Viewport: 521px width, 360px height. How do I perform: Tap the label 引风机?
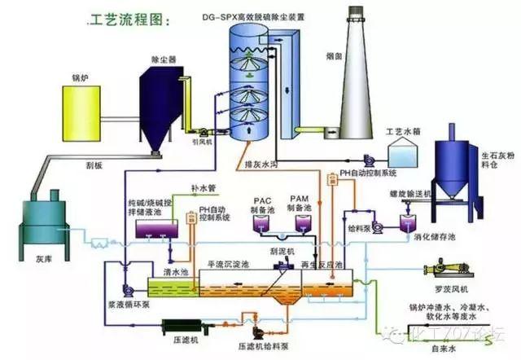click(202, 140)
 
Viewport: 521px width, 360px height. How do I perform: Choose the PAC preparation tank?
click(263, 225)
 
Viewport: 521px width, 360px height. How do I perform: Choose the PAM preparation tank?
click(300, 225)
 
